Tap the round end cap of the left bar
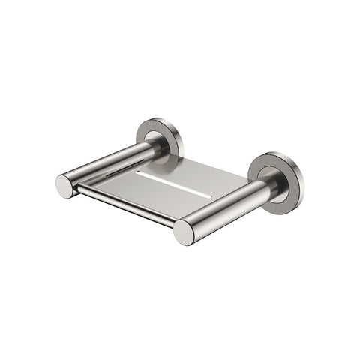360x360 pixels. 65,186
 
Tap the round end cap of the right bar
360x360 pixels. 184,232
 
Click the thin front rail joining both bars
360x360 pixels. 124,204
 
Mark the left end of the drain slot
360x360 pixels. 138,174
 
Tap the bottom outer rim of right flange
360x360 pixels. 279,201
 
